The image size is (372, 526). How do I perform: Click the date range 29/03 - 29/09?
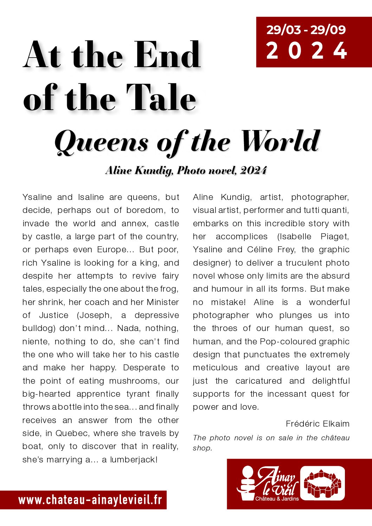pos(306,30)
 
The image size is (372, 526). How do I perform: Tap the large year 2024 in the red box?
pos(307,51)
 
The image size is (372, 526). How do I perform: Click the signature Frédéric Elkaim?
pos(318,424)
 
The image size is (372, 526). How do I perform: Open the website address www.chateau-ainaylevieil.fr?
pos(90,500)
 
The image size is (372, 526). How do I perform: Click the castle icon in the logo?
pos(323,483)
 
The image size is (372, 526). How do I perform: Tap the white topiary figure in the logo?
pos(247,483)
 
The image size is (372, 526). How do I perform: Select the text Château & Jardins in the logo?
pos(277,499)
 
